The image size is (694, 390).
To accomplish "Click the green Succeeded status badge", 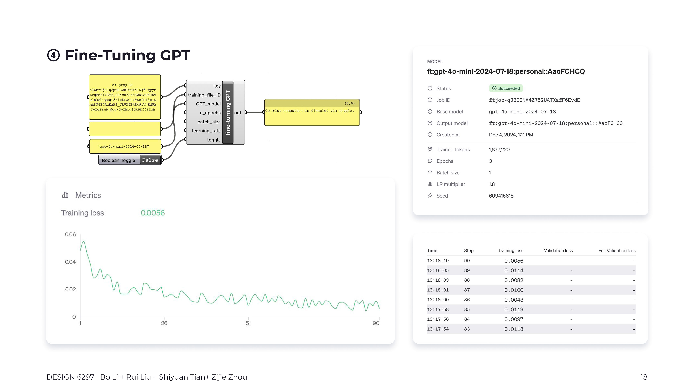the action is [506, 88].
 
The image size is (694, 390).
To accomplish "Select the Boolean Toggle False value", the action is [150, 160].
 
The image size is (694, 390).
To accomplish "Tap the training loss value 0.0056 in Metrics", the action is [153, 213].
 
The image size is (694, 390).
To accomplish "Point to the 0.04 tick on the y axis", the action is [70, 262].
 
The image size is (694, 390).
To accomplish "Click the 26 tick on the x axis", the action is [164, 323].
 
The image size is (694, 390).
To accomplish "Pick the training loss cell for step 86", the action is [514, 300].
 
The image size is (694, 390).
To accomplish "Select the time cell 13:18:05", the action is [438, 270].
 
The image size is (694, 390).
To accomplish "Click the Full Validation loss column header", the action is [617, 251].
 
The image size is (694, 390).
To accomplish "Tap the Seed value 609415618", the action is [501, 196].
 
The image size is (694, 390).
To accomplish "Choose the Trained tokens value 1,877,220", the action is [499, 150].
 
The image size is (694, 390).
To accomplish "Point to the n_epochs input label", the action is [210, 113].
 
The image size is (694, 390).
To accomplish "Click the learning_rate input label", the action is [206, 131].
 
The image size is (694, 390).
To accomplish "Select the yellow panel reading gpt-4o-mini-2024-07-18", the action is [125, 146].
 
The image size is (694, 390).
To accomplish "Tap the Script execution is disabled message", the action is [311, 111].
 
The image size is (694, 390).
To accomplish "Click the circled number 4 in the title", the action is [53, 55].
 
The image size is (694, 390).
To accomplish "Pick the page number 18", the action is [644, 377].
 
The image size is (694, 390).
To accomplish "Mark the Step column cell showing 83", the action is [467, 329].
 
